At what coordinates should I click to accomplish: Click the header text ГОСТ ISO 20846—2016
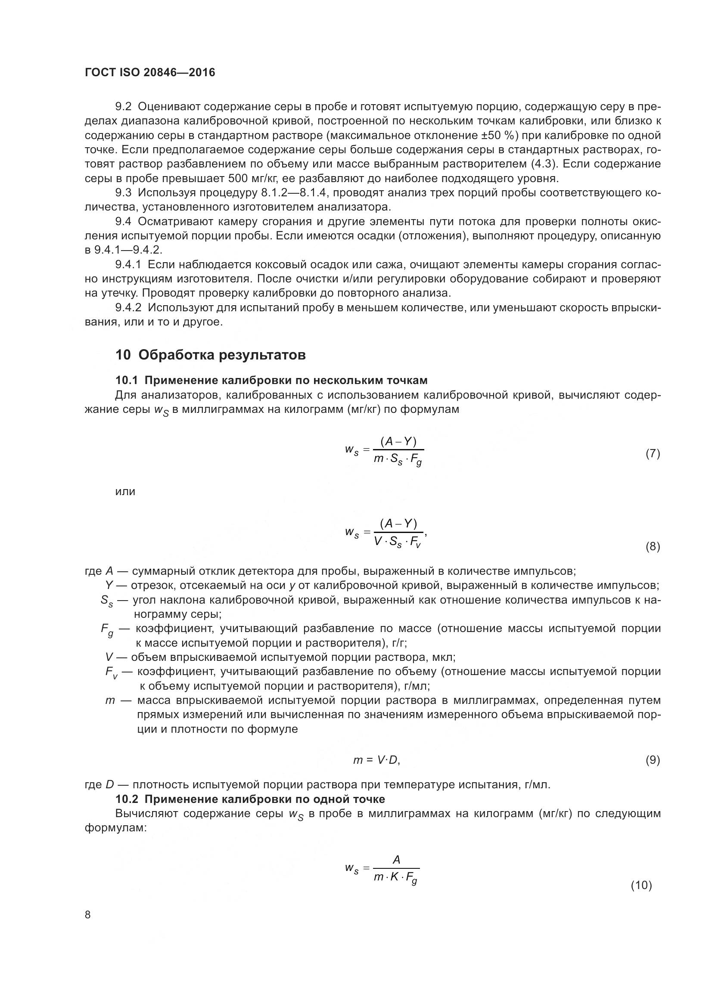coord(150,72)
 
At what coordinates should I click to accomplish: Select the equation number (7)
coord(652,453)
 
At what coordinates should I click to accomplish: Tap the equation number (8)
coord(652,547)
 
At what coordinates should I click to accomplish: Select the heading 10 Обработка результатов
coord(211,355)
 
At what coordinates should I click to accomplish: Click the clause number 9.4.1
coord(128,264)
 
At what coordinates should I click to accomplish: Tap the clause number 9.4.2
coord(128,308)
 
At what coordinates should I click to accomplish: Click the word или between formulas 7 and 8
coord(125,492)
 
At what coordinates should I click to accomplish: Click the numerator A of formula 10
coord(396,860)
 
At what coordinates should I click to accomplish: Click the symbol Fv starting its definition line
coord(112,672)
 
